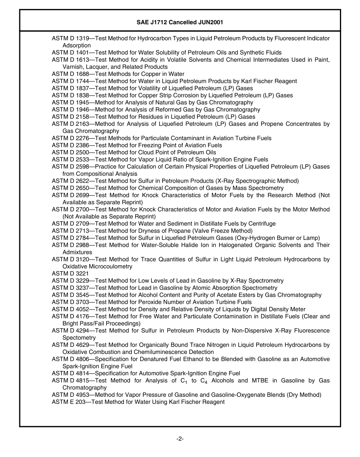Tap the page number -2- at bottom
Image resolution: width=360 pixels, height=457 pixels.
pos(180,439)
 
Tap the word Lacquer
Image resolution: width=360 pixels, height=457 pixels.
pos(93,67)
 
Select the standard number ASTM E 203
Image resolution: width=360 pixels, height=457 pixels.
pos(68,402)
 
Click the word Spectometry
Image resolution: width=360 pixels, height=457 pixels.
pos(79,338)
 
